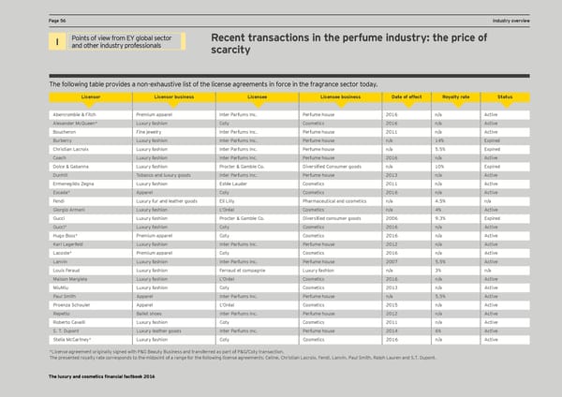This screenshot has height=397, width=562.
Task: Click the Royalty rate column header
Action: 455,96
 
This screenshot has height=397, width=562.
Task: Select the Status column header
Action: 505,96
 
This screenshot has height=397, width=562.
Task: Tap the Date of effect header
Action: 406,96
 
